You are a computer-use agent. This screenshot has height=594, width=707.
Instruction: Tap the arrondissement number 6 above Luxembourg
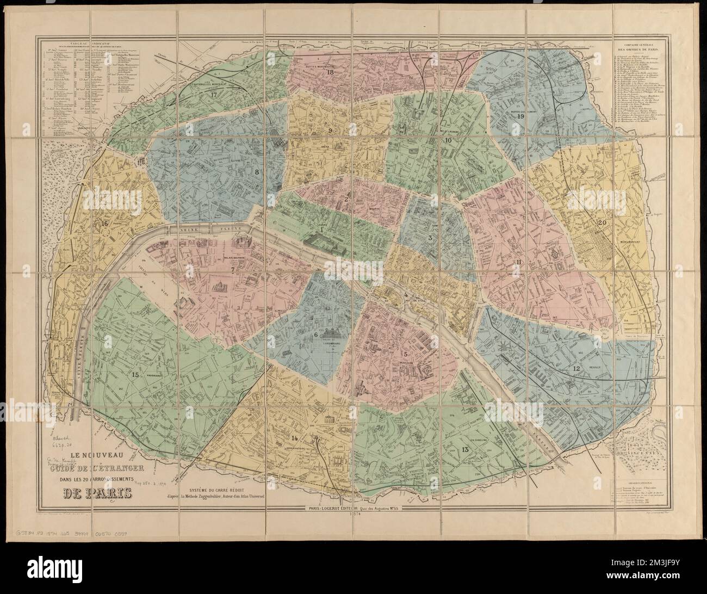315,335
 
